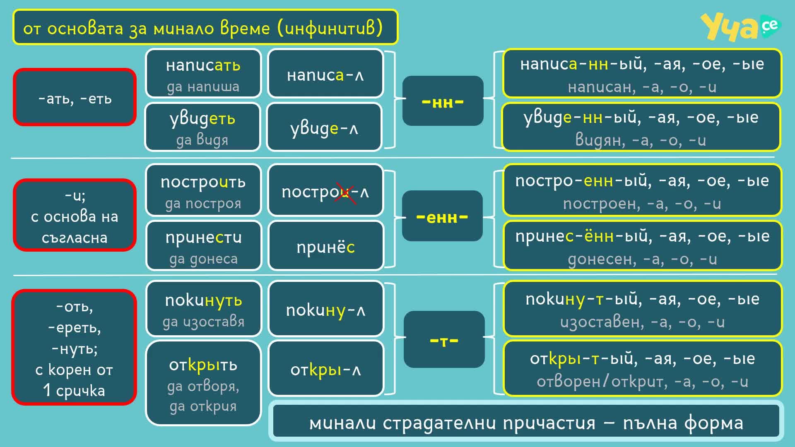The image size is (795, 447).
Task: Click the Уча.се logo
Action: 740,26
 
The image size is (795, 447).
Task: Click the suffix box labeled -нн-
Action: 443,101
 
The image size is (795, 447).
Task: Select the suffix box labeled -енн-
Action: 442,216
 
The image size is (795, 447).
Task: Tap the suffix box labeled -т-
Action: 444,339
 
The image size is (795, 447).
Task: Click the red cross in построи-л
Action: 346,193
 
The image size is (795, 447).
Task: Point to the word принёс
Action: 325,247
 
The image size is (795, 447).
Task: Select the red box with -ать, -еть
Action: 75,97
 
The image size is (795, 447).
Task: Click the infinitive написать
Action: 203,65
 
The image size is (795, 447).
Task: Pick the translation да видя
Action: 202,140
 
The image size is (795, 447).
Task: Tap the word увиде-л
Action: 324,129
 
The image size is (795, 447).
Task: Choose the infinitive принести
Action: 203,238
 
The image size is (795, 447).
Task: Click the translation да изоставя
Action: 203,322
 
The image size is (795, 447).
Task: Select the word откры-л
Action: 325,370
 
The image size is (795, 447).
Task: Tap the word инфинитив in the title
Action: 330,28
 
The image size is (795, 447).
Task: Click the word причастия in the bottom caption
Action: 549,423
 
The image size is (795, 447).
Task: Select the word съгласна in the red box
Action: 75,238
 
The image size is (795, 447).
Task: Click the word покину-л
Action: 325,310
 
